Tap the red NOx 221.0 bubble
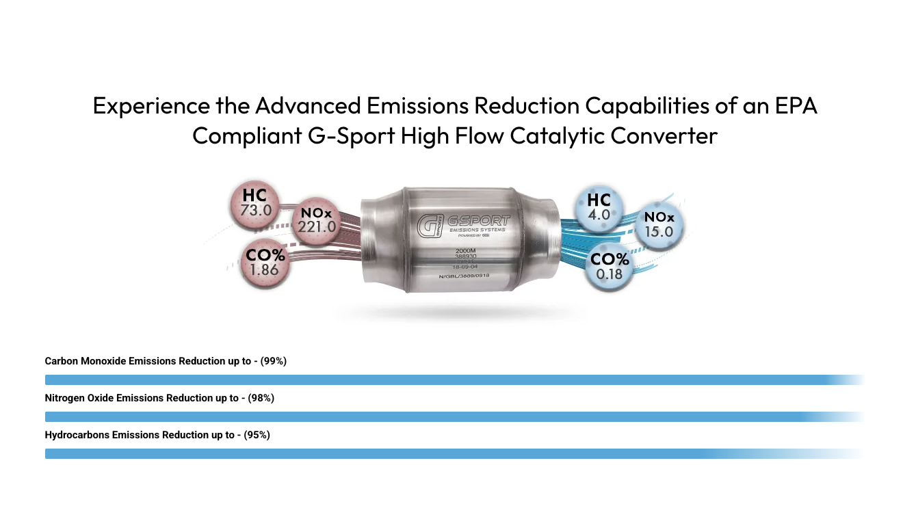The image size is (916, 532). pos(316,220)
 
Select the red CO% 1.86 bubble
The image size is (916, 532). pos(265,263)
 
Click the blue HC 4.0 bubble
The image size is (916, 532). pos(599,207)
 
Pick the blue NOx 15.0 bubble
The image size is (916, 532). pos(659,225)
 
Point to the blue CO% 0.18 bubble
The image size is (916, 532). pos(609,267)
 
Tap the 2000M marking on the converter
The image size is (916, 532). pos(464,251)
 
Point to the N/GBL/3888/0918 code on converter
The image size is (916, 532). pos(464,276)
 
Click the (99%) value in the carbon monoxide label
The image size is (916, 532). pos(274,361)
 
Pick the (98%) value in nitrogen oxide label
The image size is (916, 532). pos(261,398)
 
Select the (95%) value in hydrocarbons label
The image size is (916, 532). pos(257,435)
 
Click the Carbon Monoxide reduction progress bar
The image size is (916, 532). pos(438,380)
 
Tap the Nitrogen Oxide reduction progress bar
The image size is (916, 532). pos(438,416)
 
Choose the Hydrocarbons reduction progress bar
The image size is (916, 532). pos(438,453)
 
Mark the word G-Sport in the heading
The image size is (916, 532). pos(349,135)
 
